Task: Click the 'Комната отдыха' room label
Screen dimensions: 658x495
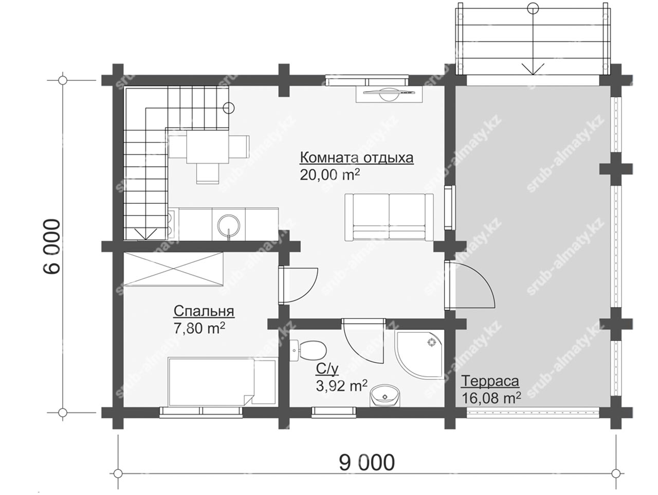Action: pyautogui.click(x=356, y=158)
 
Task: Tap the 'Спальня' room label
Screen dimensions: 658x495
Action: pyautogui.click(x=204, y=311)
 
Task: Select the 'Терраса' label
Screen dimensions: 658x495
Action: pyautogui.click(x=490, y=381)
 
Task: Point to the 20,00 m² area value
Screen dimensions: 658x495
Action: pyautogui.click(x=330, y=175)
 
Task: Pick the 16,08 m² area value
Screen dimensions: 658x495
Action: pyautogui.click(x=491, y=398)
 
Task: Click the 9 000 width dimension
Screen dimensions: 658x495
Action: pyautogui.click(x=367, y=463)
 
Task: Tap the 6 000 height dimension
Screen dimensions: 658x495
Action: pyautogui.click(x=51, y=246)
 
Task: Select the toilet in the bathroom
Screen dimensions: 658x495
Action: pyautogui.click(x=308, y=351)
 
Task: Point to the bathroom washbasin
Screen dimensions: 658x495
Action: pyautogui.click(x=385, y=396)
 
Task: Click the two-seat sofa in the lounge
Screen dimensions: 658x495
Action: pyautogui.click(x=389, y=217)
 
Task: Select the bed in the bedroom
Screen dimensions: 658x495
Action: pyautogui.click(x=222, y=381)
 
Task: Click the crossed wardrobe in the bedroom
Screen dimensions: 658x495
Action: pyautogui.click(x=174, y=269)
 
